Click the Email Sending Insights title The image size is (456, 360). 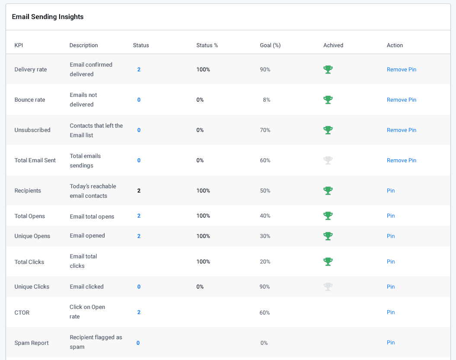pyautogui.click(x=48, y=17)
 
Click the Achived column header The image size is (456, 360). pyautogui.click(x=333, y=45)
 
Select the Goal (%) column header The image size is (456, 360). pyautogui.click(x=270, y=45)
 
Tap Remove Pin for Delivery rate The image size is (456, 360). pyautogui.click(x=401, y=70)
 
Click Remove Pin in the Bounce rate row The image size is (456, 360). pyautogui.click(x=401, y=100)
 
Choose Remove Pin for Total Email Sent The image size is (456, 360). pyautogui.click(x=401, y=161)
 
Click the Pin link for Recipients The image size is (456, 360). pyautogui.click(x=391, y=191)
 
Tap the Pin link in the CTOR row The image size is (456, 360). pyautogui.click(x=391, y=312)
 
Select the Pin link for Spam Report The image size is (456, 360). pyautogui.click(x=391, y=343)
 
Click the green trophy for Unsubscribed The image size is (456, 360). pyautogui.click(x=328, y=130)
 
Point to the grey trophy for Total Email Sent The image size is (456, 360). pyautogui.click(x=328, y=161)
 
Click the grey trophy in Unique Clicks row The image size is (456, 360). pyautogui.click(x=328, y=287)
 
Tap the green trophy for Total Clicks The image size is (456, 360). pyautogui.click(x=328, y=262)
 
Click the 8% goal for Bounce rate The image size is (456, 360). pyautogui.click(x=266, y=100)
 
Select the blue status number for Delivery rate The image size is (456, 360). pyautogui.click(x=139, y=70)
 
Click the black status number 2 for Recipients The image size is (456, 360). pyautogui.click(x=139, y=191)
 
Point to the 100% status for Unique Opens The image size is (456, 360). pyautogui.click(x=203, y=236)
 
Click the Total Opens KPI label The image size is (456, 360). pyautogui.click(x=30, y=216)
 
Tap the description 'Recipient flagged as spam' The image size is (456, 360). pyautogui.click(x=96, y=342)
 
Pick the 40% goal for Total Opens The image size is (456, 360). pyautogui.click(x=265, y=216)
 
